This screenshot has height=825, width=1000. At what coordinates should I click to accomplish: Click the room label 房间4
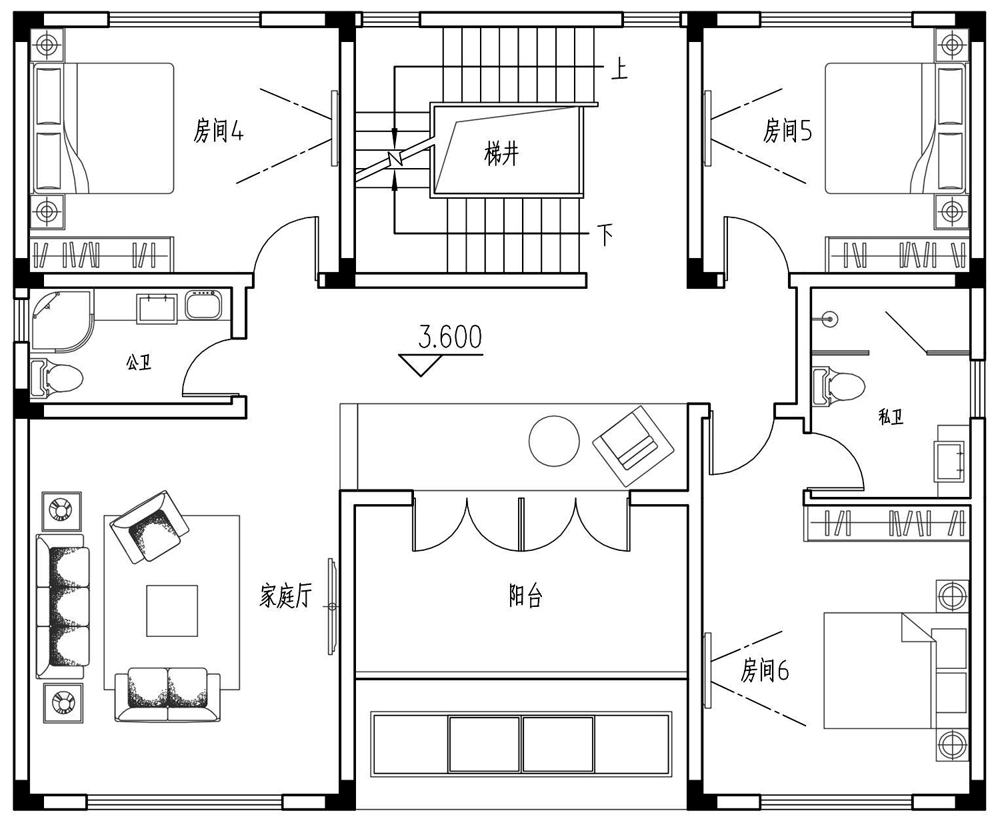click(x=219, y=131)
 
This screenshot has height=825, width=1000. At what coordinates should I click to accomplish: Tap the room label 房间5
click(x=787, y=130)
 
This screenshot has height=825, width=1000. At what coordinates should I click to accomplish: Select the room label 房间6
click(x=765, y=670)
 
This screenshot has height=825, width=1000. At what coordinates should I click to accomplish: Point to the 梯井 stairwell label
click(x=501, y=154)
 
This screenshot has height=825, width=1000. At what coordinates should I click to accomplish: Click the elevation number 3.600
click(x=450, y=337)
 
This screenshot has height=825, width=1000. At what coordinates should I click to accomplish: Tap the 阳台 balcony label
click(x=525, y=596)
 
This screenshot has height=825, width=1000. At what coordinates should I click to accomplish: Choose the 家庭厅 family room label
click(x=286, y=596)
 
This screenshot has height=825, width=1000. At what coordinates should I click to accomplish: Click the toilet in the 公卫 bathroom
click(x=57, y=378)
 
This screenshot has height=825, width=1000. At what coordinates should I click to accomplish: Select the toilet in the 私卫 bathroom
click(x=839, y=386)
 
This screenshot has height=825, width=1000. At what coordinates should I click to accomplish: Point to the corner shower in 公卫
click(x=61, y=321)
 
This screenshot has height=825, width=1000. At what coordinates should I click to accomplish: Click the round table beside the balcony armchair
click(x=554, y=441)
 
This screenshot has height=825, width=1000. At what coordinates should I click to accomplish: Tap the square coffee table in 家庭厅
click(x=172, y=610)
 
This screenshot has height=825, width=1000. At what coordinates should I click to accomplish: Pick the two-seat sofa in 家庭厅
click(x=167, y=695)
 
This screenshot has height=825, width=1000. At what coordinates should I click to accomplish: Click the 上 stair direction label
click(x=619, y=69)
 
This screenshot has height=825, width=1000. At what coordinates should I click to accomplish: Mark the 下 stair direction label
click(x=605, y=235)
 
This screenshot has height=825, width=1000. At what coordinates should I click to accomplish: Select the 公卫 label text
click(x=139, y=362)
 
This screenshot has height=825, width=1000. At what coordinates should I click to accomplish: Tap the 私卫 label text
click(x=891, y=417)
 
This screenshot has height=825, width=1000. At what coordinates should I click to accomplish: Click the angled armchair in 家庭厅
click(x=149, y=526)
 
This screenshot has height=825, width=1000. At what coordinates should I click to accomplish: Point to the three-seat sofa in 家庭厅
click(x=63, y=606)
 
